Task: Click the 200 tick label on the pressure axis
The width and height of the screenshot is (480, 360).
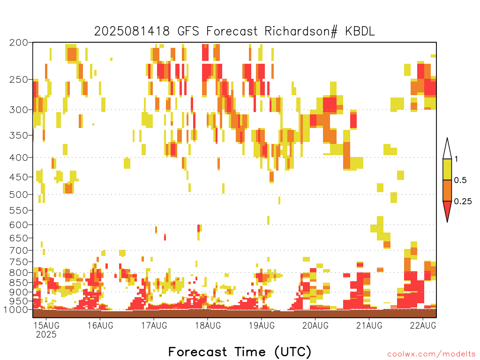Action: pyautogui.click(x=18, y=43)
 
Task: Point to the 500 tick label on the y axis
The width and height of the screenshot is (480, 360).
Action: pyautogui.click(x=18, y=195)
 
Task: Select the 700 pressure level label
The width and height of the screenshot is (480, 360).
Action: pyautogui.click(x=18, y=250)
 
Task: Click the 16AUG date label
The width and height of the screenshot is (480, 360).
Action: pyautogui.click(x=100, y=325)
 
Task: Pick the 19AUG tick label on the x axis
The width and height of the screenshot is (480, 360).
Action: pyautogui.click(x=262, y=325)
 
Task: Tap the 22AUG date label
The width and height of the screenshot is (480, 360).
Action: pyautogui.click(x=423, y=325)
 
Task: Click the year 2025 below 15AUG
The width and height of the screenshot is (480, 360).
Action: pyautogui.click(x=46, y=334)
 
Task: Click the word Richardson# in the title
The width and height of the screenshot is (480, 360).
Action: pyautogui.click(x=301, y=31)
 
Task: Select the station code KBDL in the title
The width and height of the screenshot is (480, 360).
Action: pyautogui.click(x=360, y=31)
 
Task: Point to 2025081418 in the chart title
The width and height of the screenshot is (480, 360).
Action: pyautogui.click(x=132, y=31)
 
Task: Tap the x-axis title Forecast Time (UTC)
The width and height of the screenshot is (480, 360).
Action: pyautogui.click(x=240, y=352)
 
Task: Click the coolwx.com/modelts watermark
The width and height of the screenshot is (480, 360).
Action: pyautogui.click(x=431, y=354)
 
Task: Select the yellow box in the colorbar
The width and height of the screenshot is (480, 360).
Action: pyautogui.click(x=447, y=169)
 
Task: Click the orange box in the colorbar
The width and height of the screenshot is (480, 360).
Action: pyautogui.click(x=447, y=190)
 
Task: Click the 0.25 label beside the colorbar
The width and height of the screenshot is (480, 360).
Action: pyautogui.click(x=463, y=202)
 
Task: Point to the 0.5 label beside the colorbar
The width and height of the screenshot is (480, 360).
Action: pyautogui.click(x=460, y=180)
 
